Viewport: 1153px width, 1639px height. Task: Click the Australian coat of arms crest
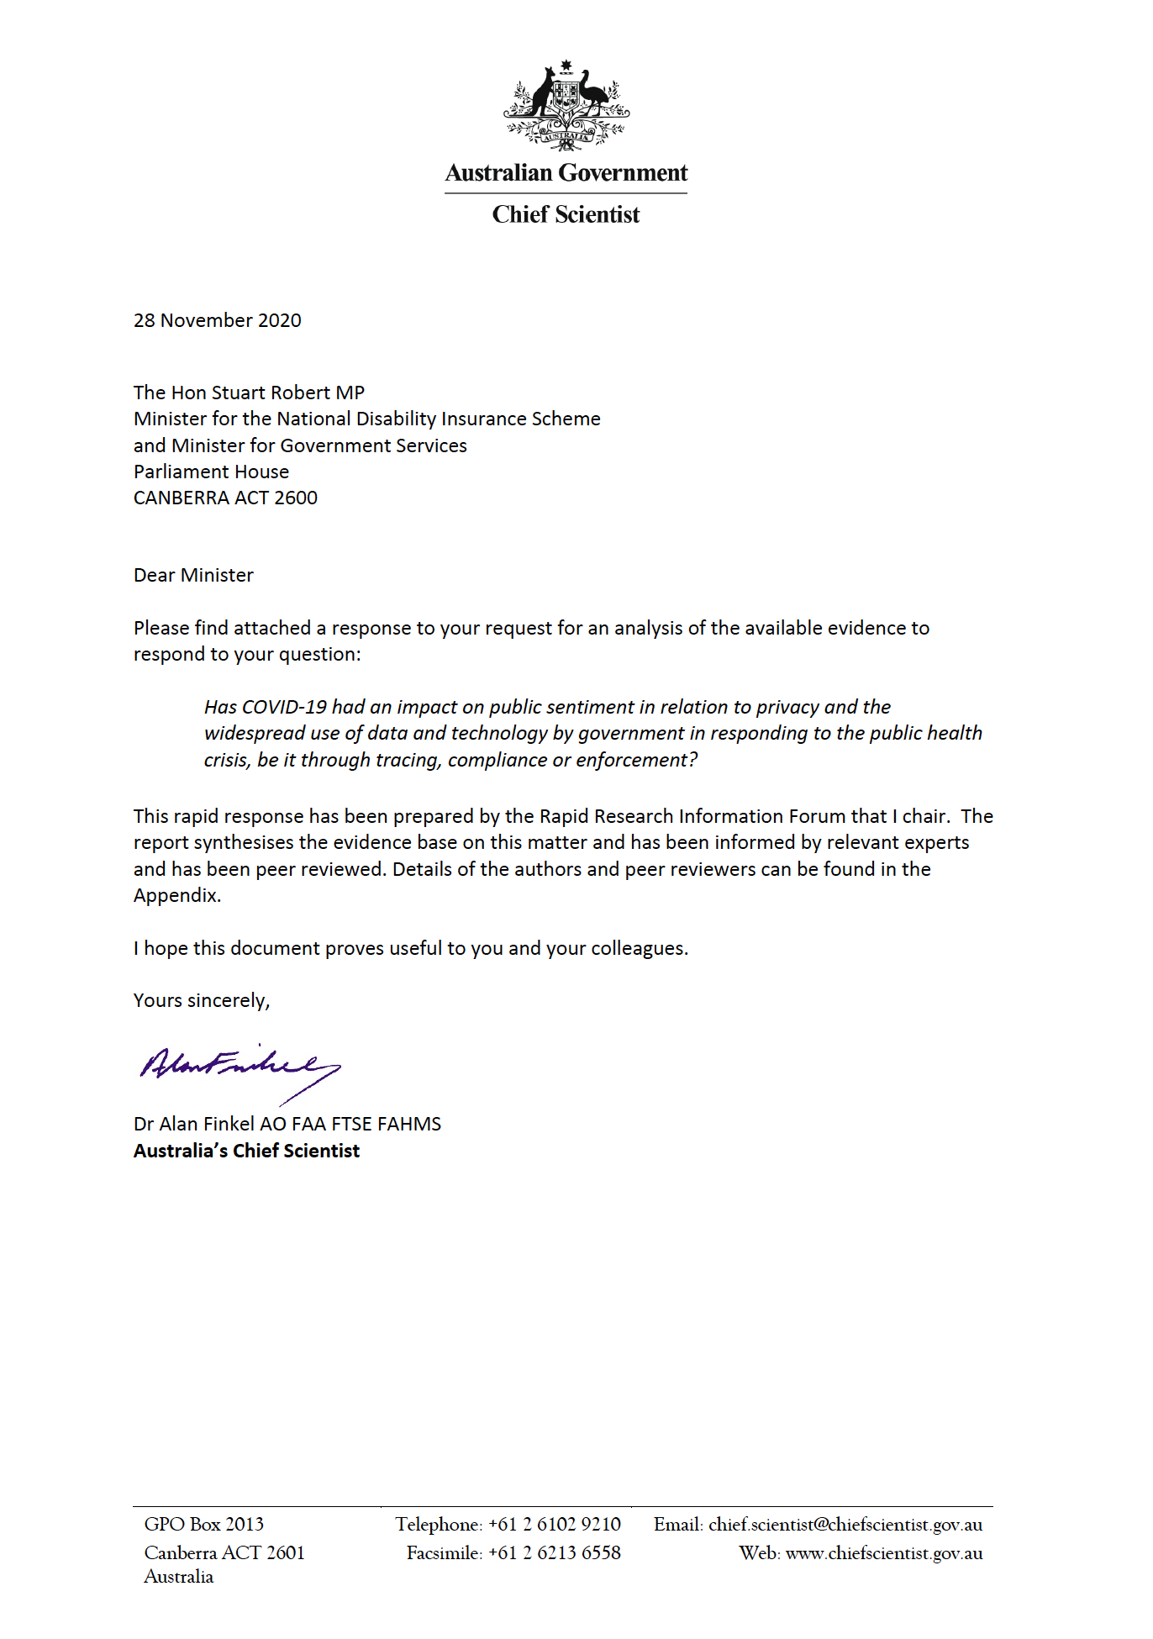(566, 105)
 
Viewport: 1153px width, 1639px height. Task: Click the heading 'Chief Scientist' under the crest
(566, 215)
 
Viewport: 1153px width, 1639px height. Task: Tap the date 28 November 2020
(217, 320)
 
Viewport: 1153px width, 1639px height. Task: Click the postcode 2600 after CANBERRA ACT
(296, 498)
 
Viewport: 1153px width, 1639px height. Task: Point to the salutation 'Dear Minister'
(193, 575)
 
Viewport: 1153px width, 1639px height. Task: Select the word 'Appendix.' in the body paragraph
(177, 895)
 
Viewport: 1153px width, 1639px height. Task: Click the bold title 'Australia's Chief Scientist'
(246, 1151)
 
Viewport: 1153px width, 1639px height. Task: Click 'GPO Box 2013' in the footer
(203, 1524)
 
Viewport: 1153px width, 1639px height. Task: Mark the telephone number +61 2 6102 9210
(554, 1524)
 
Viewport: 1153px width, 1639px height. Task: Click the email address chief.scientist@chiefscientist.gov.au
(845, 1524)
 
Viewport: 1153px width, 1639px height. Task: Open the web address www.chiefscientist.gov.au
(883, 1552)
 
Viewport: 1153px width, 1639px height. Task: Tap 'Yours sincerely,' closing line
(202, 1000)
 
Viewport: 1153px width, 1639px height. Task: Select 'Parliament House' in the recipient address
(211, 472)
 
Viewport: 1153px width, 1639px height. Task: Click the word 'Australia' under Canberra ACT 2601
(178, 1576)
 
